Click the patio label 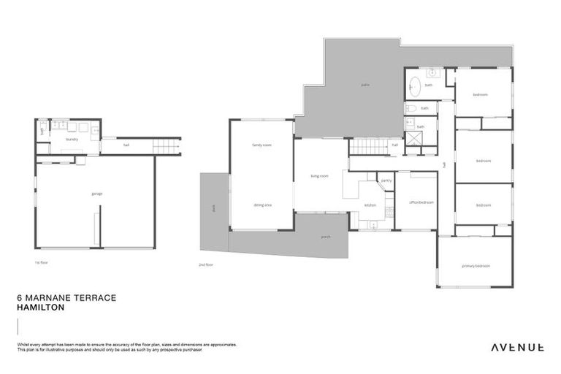pyautogui.click(x=365, y=85)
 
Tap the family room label pyautogui.click(x=262, y=145)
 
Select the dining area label pyautogui.click(x=262, y=205)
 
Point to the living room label pyautogui.click(x=319, y=176)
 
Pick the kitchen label pyautogui.click(x=370, y=205)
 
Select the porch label pyautogui.click(x=326, y=237)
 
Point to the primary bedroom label pyautogui.click(x=476, y=266)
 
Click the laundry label pyautogui.click(x=72, y=139)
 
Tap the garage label pyautogui.click(x=96, y=194)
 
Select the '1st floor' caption pyautogui.click(x=41, y=262)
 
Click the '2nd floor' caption pyautogui.click(x=205, y=264)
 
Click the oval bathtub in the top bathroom pyautogui.click(x=414, y=85)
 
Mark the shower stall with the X pyautogui.click(x=413, y=139)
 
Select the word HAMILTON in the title pyautogui.click(x=40, y=308)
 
